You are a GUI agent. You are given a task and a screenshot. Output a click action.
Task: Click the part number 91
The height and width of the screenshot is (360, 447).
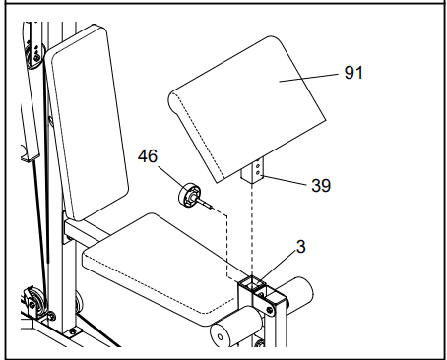[x=353, y=73]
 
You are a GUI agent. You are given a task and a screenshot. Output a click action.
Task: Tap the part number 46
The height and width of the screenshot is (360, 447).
[x=148, y=156]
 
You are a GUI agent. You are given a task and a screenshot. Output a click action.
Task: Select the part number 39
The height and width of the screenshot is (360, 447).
[x=321, y=185]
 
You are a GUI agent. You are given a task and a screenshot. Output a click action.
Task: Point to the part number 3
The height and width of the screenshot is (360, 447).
[x=301, y=247]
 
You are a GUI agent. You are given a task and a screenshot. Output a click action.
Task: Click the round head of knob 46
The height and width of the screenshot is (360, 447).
[x=188, y=196]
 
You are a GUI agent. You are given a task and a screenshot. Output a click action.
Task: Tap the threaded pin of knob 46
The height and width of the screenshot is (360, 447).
[x=206, y=204]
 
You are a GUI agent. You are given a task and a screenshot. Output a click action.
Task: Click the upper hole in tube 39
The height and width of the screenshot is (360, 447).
[x=258, y=165]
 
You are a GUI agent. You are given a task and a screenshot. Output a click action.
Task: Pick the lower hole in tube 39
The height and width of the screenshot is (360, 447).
[x=258, y=172]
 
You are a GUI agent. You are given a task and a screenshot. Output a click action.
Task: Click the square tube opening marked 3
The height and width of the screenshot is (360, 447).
[x=252, y=283]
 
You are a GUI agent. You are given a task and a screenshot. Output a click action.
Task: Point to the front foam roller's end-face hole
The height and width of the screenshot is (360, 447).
[x=221, y=336]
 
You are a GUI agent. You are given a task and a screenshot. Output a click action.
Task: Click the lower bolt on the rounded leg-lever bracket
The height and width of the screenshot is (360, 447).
[x=270, y=310]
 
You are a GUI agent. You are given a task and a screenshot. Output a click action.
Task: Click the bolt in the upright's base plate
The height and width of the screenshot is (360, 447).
[x=73, y=331]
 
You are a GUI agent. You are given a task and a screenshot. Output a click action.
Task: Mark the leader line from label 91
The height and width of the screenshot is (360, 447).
[x=308, y=78]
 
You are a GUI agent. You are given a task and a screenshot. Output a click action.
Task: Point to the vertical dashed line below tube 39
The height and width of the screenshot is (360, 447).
[x=252, y=230]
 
